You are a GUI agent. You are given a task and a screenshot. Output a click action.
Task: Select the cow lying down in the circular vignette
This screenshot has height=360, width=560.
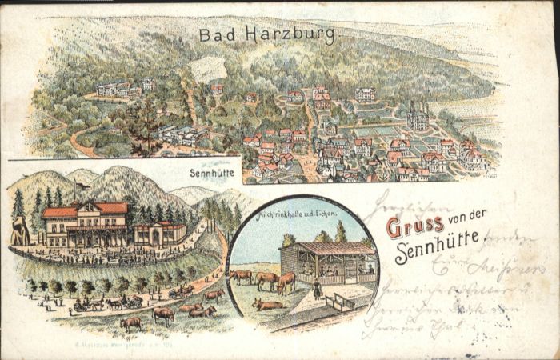point(268,304)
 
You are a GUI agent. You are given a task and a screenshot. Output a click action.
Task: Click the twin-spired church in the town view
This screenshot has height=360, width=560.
point(418,118)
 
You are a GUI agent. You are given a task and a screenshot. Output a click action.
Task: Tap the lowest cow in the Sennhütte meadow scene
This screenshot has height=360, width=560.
point(130,324)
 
